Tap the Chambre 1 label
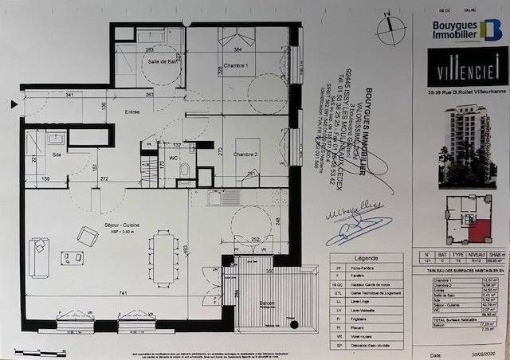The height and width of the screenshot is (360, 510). tap(235, 66)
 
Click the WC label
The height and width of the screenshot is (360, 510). tap(171, 158)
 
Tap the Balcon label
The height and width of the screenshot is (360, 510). tap(257, 303)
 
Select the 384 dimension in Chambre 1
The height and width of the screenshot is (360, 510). tap(237, 49)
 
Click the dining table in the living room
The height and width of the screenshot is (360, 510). tap(163, 256)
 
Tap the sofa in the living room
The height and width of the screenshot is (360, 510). tap(38, 257)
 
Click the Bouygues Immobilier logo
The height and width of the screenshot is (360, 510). tap(467, 30)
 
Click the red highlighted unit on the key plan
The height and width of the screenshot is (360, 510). tap(478, 230)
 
